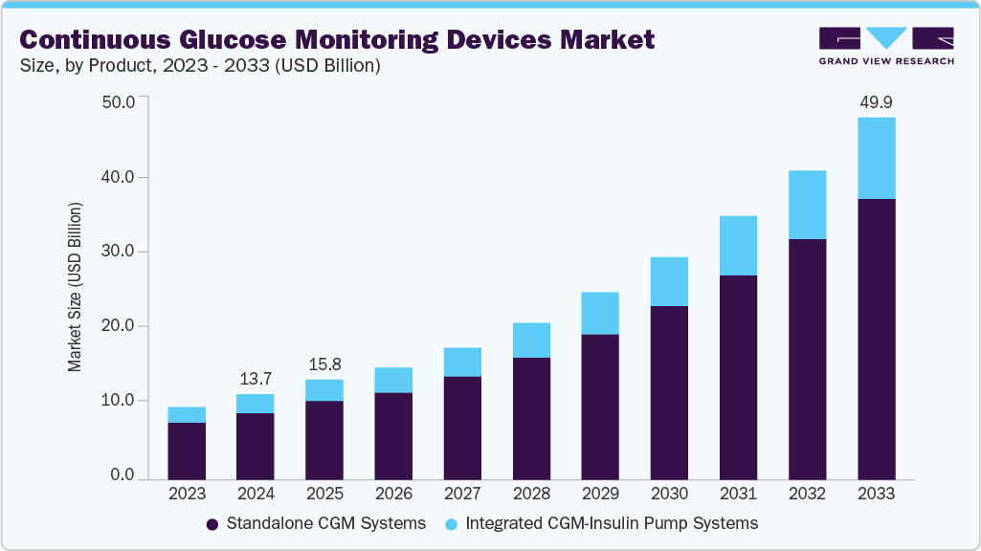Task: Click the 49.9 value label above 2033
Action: [x=876, y=102]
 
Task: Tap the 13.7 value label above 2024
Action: [x=256, y=380]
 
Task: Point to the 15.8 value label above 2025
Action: [x=324, y=364]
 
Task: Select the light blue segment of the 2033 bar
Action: [x=876, y=158]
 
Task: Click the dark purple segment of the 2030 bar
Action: [x=669, y=392]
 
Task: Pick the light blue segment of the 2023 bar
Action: [x=187, y=414]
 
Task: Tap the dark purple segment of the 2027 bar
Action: [x=462, y=428]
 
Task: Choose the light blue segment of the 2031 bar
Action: [x=738, y=245]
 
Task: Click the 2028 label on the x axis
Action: [x=531, y=494]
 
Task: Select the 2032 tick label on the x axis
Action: [x=807, y=494]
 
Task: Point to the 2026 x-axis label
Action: [x=393, y=494]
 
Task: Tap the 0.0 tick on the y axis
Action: [x=122, y=475]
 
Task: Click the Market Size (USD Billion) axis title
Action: [x=75, y=287]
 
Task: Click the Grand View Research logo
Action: [x=886, y=45]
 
